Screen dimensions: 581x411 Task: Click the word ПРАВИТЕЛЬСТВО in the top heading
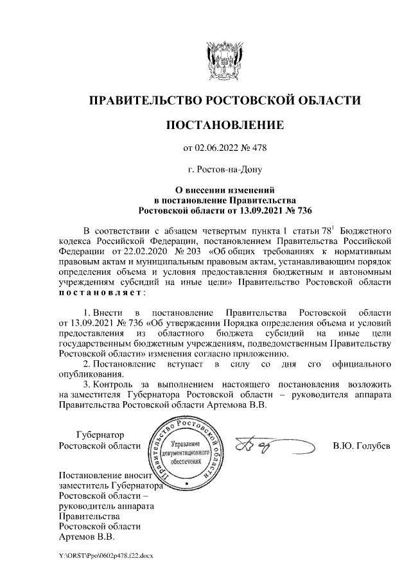[142, 101]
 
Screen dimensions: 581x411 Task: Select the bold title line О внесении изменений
[224, 190]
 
